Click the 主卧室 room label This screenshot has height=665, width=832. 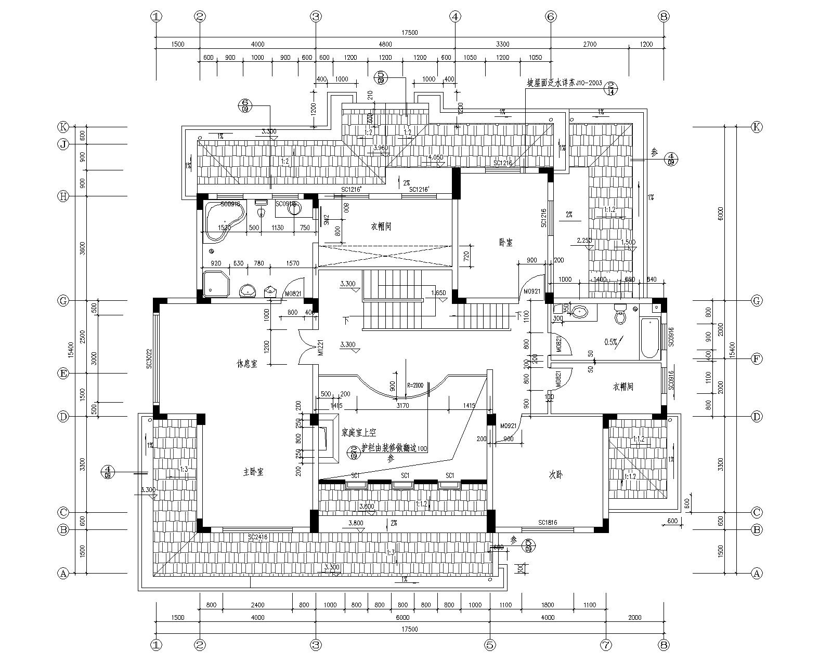point(253,472)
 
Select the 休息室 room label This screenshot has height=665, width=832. point(246,364)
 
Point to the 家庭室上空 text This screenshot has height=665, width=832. point(359,432)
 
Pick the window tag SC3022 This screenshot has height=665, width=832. point(149,358)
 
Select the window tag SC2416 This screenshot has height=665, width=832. point(258,537)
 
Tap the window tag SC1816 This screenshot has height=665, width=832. point(548,523)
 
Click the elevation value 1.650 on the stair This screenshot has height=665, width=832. point(439,293)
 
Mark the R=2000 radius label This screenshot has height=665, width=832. point(415,385)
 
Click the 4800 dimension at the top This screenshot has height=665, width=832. point(385,44)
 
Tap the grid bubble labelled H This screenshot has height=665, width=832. point(63,196)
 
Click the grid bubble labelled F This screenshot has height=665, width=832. point(757,359)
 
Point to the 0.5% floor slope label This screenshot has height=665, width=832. point(611,342)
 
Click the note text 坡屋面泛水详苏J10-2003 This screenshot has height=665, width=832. point(564,83)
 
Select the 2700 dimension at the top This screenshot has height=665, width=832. point(590,44)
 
